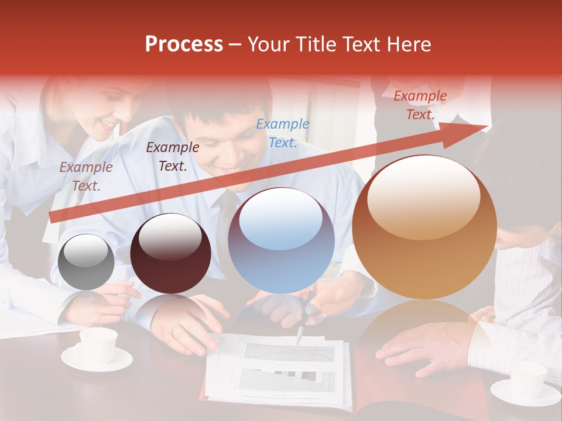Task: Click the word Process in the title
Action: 184,44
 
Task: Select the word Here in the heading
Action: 408,44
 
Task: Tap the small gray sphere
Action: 87,261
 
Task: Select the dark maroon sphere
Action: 170,253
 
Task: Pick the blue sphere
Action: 281,240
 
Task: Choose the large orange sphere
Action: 424,227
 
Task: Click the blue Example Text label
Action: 283,133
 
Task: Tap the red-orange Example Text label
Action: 420,105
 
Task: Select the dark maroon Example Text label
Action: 172,157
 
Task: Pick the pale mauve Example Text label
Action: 86,177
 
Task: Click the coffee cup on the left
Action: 97,348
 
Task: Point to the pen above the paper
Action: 300,335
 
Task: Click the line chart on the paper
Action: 289,351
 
